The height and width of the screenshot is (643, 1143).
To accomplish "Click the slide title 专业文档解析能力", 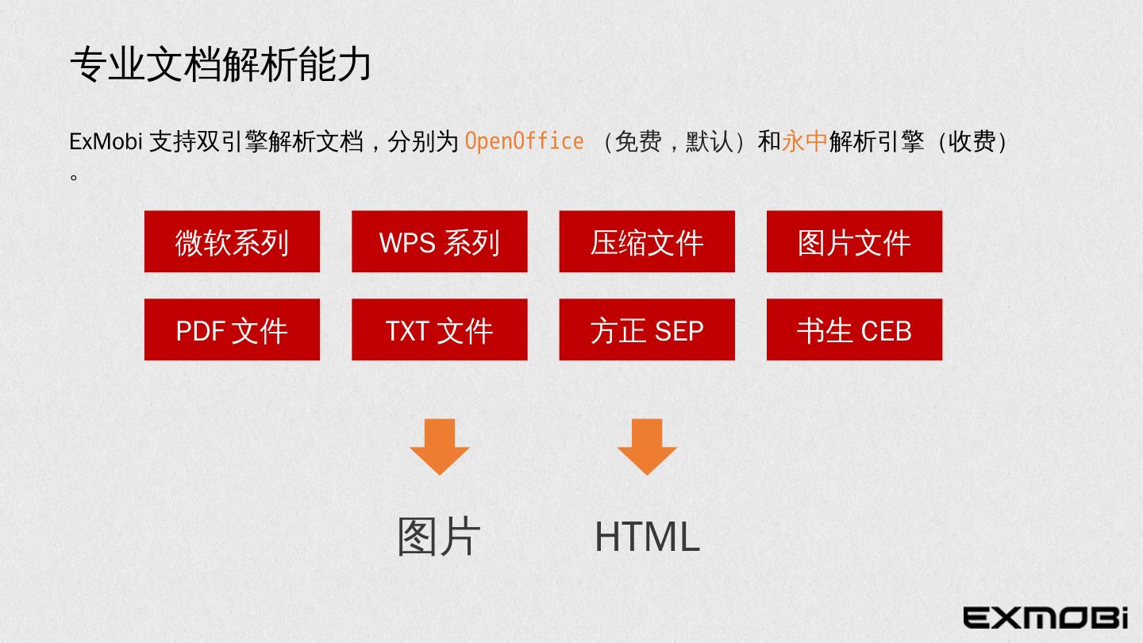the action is coord(221,64).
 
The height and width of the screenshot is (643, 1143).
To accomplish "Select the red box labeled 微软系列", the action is coord(232,242).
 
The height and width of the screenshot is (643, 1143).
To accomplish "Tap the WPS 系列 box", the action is coord(439,242).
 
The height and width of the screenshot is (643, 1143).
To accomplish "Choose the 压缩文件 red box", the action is coord(647,242).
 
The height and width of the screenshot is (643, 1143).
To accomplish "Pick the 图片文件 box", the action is coord(854,242).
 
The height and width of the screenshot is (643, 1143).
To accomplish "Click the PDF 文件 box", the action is coord(232,330).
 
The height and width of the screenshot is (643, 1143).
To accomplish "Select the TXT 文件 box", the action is coord(439,330).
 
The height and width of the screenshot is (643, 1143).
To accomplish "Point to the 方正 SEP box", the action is coord(647,330).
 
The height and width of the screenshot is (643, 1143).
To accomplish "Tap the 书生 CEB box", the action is coord(854,330).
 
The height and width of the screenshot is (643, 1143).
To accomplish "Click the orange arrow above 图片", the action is coord(440,445).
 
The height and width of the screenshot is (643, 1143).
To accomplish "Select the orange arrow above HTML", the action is coord(647,445).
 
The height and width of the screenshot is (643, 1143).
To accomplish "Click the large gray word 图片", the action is coord(439,537).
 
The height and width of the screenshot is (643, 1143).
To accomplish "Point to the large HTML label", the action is coord(647,537).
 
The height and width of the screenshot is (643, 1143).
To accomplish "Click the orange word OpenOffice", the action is coord(524,141).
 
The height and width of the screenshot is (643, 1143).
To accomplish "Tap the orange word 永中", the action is coord(805,141).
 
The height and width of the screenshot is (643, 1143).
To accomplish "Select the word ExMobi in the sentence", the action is coord(106,142).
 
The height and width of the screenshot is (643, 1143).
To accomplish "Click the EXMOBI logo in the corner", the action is coord(1045,617).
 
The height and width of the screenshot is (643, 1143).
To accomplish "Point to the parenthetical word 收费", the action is coord(972,141).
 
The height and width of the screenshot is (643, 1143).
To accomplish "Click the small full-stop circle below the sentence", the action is coord(74,176).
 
